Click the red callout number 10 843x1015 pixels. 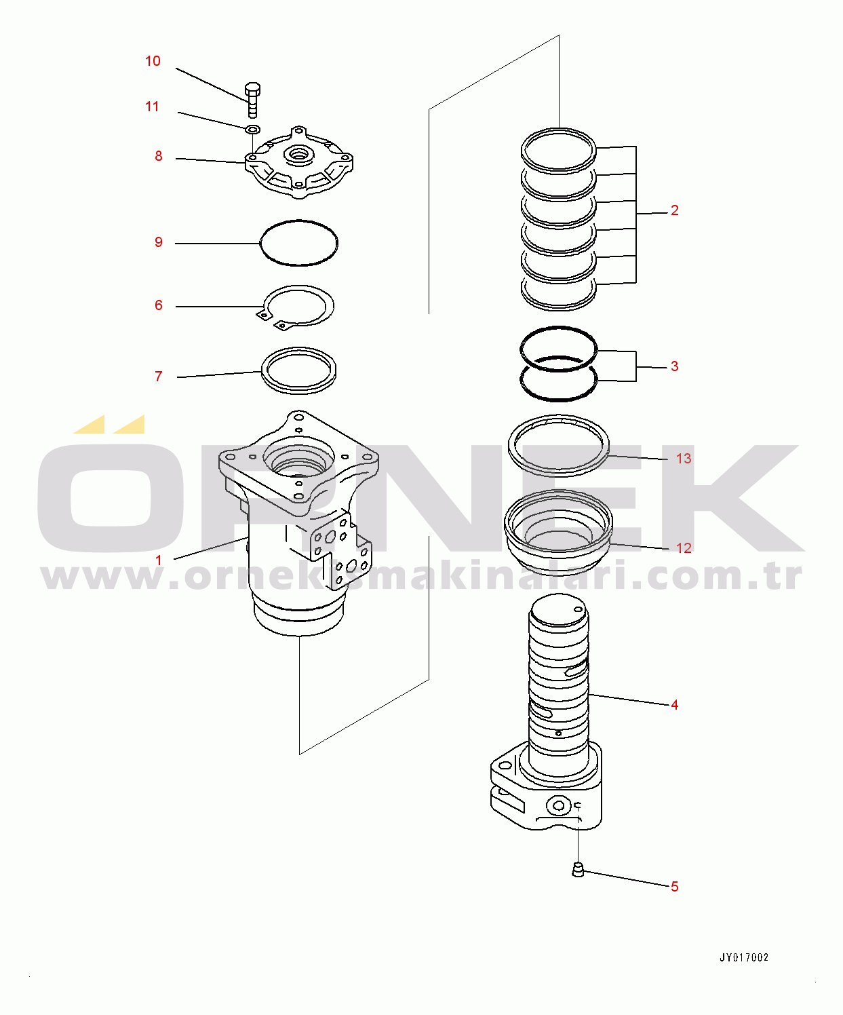[x=153, y=61]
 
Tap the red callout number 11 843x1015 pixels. [x=152, y=107]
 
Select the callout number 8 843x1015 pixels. [x=159, y=156]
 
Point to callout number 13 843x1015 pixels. [x=684, y=459]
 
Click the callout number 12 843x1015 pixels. [x=684, y=548]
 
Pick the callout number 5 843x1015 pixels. [x=674, y=887]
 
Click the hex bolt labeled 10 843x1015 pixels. [x=252, y=100]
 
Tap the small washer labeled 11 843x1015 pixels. [x=253, y=130]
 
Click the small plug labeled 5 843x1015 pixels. [x=578, y=869]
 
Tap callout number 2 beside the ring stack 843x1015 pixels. [x=674, y=210]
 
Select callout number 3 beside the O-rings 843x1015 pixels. [x=674, y=366]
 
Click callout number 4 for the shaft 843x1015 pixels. [x=674, y=705]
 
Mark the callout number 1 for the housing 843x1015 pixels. [x=159, y=560]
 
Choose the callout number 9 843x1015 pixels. [x=159, y=242]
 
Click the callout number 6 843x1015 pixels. [x=159, y=305]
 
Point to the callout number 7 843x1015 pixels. [x=159, y=377]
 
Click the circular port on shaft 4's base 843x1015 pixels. [x=558, y=805]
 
